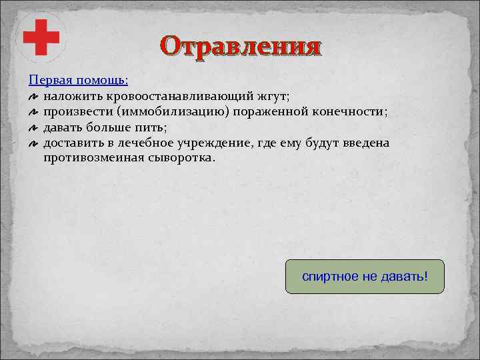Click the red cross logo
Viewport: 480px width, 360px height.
click(41, 37)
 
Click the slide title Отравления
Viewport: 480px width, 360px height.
click(241, 47)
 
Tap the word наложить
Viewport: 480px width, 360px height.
click(67, 96)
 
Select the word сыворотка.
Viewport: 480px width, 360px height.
click(179, 159)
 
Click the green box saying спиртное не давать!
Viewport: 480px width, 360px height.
click(365, 277)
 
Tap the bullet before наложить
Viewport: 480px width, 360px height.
click(33, 97)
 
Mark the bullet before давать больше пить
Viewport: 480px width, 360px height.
click(33, 128)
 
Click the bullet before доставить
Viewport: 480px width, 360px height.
click(33, 144)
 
